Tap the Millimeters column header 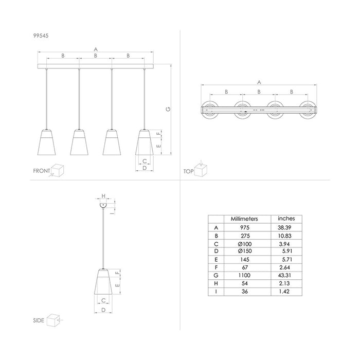point(245,219)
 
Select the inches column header point(286,219)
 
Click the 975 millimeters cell point(245,228)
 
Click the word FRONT point(42,171)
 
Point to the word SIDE point(38,319)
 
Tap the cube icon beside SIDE point(54,320)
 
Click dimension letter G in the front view point(168,109)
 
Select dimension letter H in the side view point(103,196)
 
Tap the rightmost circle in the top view point(308,109)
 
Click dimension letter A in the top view point(259,82)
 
